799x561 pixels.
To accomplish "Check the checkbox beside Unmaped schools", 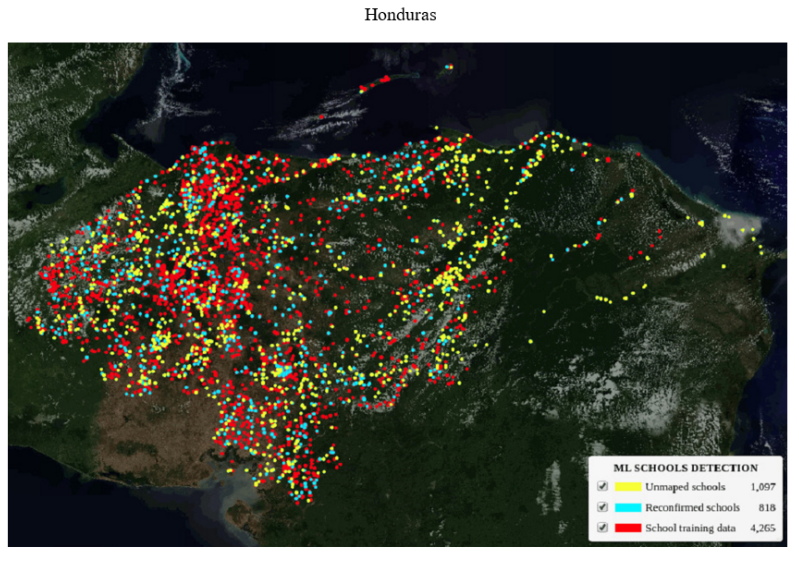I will pos(602,486).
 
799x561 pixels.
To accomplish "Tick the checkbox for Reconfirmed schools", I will pos(602,507).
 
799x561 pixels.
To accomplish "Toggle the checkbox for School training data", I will pos(602,528).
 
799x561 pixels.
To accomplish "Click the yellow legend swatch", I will pos(628,487).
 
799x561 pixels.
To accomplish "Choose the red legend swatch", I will pos(628,528).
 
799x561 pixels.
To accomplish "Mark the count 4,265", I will pos(763,528).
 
